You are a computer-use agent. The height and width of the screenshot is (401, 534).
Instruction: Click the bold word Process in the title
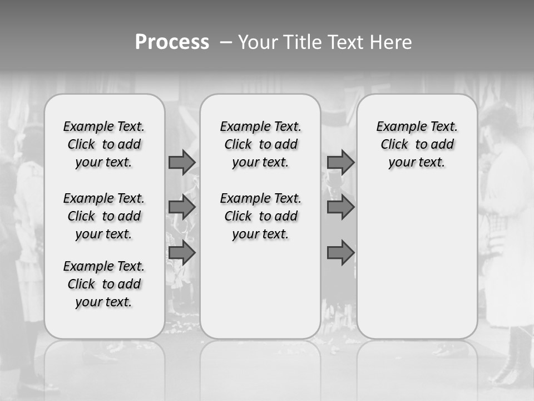(x=172, y=42)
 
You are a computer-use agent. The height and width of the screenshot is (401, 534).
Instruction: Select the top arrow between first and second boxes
(x=182, y=162)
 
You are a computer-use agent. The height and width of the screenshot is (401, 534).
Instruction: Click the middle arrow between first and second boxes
(x=182, y=207)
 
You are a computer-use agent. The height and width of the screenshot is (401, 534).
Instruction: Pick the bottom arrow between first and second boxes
(x=182, y=253)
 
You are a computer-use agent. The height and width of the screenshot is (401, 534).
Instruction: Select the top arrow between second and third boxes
(x=340, y=162)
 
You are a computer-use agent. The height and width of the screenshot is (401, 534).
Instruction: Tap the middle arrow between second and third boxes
(x=340, y=207)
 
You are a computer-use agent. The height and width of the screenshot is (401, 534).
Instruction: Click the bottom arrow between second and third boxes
(x=340, y=253)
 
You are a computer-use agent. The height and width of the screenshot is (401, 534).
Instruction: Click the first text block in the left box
(x=104, y=144)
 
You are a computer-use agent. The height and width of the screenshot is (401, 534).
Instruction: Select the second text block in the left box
(x=104, y=216)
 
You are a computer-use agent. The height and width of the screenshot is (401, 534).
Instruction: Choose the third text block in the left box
(x=104, y=284)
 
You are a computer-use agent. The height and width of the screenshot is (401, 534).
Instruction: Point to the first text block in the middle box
(x=260, y=144)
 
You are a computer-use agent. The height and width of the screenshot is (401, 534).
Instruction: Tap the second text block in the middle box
(x=260, y=216)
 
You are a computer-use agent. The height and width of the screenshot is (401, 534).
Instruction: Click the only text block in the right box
(x=417, y=144)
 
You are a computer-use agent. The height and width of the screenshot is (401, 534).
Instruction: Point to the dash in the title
(x=226, y=42)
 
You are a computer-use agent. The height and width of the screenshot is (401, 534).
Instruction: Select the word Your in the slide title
(x=258, y=42)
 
